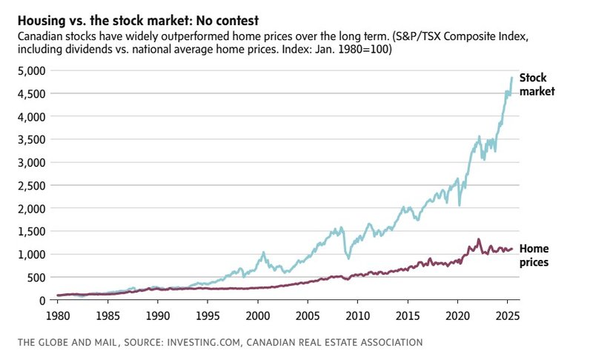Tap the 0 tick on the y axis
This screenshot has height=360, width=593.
click(x=42, y=300)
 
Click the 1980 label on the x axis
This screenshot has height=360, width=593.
click(x=58, y=313)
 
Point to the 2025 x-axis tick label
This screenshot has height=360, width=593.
click(x=506, y=313)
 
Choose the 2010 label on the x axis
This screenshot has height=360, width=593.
click(x=357, y=313)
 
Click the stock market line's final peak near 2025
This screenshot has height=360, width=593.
click(x=511, y=78)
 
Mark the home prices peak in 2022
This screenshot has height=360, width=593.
click(x=478, y=239)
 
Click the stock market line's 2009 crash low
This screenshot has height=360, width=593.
click(x=347, y=257)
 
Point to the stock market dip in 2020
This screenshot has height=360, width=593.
click(x=460, y=204)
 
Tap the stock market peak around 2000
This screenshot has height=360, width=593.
click(x=262, y=253)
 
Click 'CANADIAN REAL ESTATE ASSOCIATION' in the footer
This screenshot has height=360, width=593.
click(x=338, y=343)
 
